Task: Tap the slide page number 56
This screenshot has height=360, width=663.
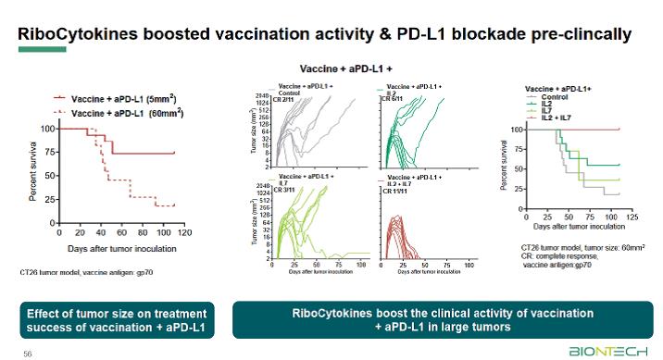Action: (x=27, y=353)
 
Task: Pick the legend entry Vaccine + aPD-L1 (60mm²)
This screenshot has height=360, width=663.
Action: (x=131, y=112)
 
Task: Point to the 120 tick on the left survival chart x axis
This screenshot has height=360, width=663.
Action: (x=183, y=232)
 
